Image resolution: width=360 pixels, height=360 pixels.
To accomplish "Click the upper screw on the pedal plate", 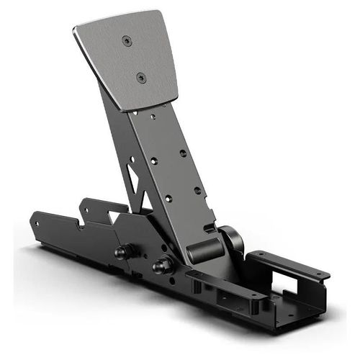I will pos(127,42).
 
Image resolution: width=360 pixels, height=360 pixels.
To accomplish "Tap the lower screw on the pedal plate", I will pos(141,76).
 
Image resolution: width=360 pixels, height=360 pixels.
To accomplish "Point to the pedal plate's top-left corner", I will pos(75,30).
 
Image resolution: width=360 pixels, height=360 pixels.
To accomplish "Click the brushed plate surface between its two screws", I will pos(135,59).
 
